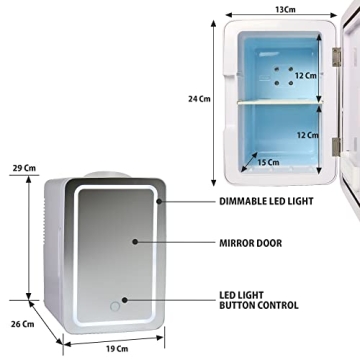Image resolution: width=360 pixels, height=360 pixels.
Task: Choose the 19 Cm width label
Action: point(117,348)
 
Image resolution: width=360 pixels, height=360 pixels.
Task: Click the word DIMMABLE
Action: point(242,200)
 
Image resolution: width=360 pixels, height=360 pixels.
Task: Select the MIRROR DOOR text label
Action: point(250,242)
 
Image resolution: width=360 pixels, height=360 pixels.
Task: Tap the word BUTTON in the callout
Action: point(243,308)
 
